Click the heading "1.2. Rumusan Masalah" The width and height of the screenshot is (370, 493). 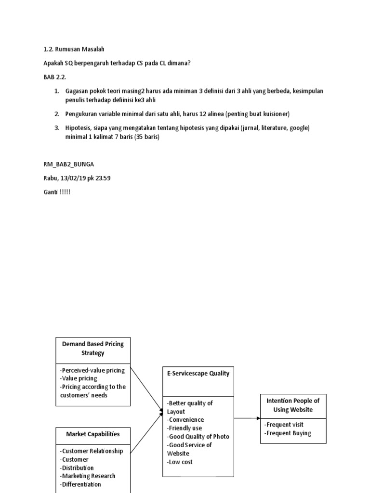tap(74, 49)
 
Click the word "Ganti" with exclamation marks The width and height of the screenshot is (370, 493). tap(57, 192)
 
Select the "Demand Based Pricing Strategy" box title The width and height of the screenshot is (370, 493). tap(92, 349)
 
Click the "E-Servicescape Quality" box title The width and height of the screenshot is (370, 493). tap(198, 373)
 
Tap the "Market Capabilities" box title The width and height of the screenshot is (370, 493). tap(92, 434)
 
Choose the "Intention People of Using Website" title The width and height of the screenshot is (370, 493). tap(293, 405)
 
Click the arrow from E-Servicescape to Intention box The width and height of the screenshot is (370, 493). tap(247, 418)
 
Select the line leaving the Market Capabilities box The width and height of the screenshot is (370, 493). tap(146, 433)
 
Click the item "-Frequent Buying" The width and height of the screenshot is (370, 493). tap(288, 433)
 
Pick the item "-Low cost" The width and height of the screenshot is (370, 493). tap(180, 462)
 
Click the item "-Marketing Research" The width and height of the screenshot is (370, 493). tap(88, 476)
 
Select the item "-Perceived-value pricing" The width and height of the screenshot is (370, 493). tap(92, 370)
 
